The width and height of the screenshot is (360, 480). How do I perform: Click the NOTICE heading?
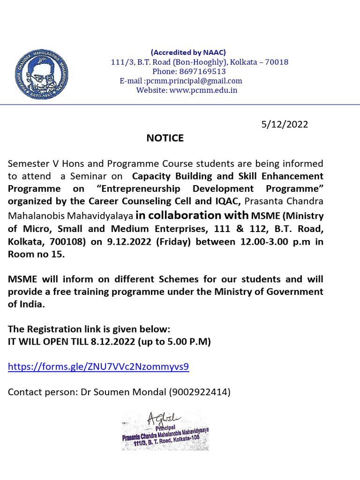pos(165,138)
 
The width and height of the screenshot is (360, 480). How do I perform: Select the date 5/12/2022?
pos(285,124)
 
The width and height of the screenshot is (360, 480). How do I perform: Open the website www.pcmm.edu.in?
pos(203,90)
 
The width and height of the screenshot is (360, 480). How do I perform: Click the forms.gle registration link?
pos(98,367)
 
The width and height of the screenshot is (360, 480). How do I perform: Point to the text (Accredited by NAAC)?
pos(188,52)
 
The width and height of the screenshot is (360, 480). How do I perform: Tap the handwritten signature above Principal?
pos(159,417)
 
